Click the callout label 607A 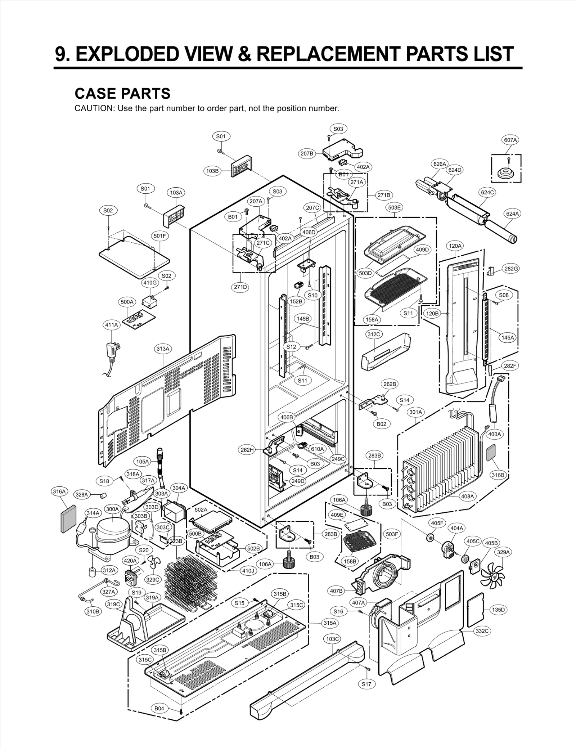click(510, 140)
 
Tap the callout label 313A click(163, 349)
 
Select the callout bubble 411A click(111, 325)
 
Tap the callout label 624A click(513, 214)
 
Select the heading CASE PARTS click(122, 94)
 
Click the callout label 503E click(394, 207)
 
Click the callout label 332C click(482, 631)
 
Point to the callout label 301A click(416, 412)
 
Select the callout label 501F click(160, 236)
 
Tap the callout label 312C click(373, 334)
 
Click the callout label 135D click(499, 610)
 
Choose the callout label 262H click(247, 450)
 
